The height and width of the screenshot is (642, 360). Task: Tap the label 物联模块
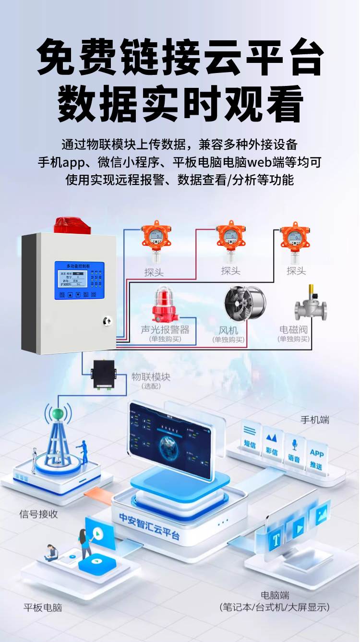(151, 376)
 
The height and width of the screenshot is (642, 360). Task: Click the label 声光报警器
(165, 330)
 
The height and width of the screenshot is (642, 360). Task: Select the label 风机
(228, 330)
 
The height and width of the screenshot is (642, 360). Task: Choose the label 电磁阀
(293, 330)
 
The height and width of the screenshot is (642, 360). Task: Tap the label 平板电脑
(43, 607)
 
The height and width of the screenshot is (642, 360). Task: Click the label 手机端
(315, 420)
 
